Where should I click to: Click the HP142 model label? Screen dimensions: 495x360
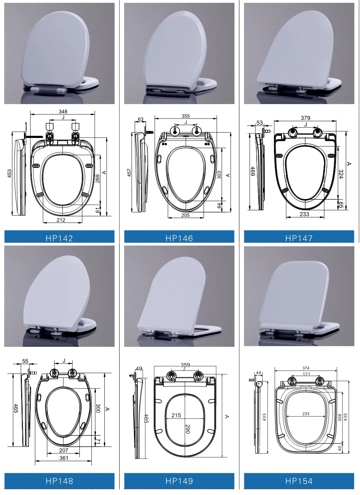pyautogui.click(x=59, y=238)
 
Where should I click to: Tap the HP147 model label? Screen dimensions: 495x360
pyautogui.click(x=299, y=238)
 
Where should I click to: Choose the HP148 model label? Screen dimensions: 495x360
pyautogui.click(x=59, y=481)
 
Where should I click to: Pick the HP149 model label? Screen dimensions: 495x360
pyautogui.click(x=179, y=481)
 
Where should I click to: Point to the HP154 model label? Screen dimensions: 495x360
pyautogui.click(x=299, y=481)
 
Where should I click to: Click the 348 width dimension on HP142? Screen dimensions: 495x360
pyautogui.click(x=63, y=111)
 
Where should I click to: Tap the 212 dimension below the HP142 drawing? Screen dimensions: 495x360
pyautogui.click(x=61, y=220)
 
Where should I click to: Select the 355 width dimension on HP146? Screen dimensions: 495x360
pyautogui.click(x=185, y=116)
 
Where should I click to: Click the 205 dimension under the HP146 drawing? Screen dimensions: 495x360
pyautogui.click(x=185, y=215)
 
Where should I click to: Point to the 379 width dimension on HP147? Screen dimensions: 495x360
pyautogui.click(x=305, y=118)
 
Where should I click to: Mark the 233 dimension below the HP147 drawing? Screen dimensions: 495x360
pyautogui.click(x=304, y=214)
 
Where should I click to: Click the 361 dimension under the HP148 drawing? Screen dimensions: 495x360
pyautogui.click(x=64, y=458)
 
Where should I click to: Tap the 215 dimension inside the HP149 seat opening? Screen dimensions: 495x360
pyautogui.click(x=176, y=415)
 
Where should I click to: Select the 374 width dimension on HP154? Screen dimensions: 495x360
pyautogui.click(x=306, y=368)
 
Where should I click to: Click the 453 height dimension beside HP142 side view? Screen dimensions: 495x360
pyautogui.click(x=10, y=173)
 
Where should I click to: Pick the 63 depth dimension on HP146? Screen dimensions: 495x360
pyautogui.click(x=141, y=119)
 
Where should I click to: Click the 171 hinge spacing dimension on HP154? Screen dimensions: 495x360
pyautogui.click(x=306, y=374)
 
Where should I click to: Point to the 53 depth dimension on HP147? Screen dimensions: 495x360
pyautogui.click(x=260, y=123)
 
